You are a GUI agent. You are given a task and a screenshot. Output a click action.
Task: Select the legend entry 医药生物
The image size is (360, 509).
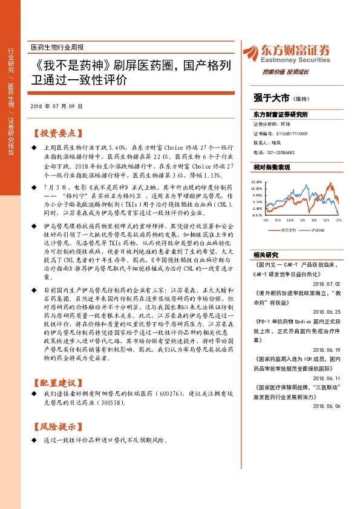pyautogui.click(x=289, y=230)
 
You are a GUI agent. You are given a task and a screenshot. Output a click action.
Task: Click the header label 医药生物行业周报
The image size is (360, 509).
pyautogui.click(x=57, y=47)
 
